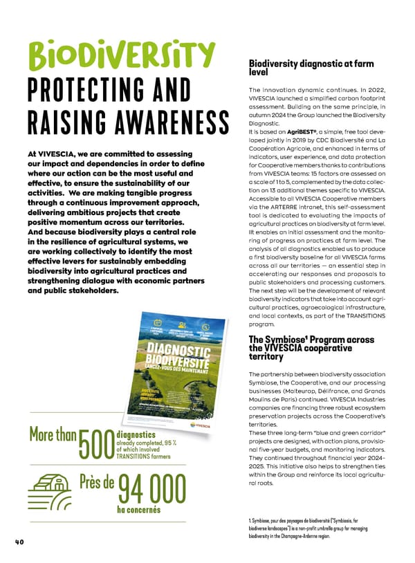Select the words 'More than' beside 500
pyautogui.click(x=53, y=436)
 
